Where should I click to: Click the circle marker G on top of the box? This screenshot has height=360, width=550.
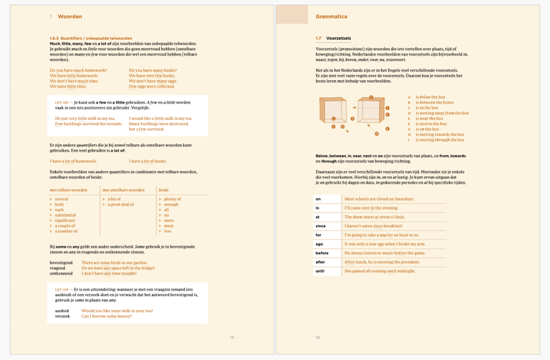[x=371, y=97]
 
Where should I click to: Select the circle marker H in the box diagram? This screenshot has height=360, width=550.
[x=377, y=133]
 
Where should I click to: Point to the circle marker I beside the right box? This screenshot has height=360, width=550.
[x=388, y=108]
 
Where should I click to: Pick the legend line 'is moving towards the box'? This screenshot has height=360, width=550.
[x=439, y=134]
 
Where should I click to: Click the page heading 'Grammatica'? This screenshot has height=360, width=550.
[x=331, y=17]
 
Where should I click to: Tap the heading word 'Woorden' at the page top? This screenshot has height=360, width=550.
[x=70, y=17]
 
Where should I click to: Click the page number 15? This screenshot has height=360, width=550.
[x=232, y=337]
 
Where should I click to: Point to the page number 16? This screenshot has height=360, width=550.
[x=318, y=337]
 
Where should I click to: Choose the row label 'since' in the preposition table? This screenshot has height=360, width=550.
[x=320, y=226]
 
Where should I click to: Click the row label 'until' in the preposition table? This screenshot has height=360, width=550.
[x=320, y=271]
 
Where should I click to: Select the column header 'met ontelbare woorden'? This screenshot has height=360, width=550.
[x=124, y=190]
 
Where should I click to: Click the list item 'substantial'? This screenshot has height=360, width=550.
[x=65, y=215]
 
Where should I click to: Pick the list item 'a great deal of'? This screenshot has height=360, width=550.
[x=120, y=204]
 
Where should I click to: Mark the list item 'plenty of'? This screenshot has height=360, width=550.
[x=172, y=199]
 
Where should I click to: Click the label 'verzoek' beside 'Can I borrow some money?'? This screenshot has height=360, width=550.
[x=62, y=316]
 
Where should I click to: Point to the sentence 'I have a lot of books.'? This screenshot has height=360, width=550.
[x=147, y=161]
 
